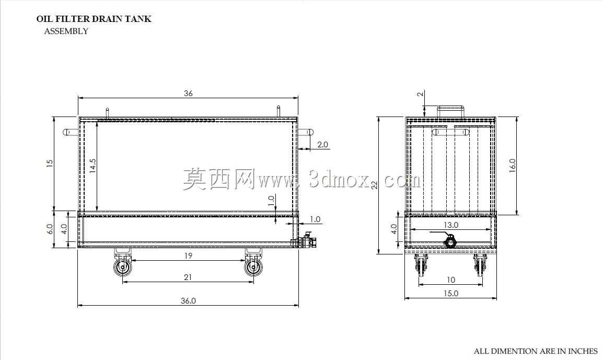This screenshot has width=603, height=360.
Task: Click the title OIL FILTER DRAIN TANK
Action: coord(94,19)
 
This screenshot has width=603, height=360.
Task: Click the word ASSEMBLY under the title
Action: coord(66,31)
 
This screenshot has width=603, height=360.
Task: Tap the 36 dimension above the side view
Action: coord(188,94)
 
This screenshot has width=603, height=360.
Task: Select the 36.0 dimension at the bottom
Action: coord(188,301)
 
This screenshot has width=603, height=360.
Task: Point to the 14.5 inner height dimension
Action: coord(92,166)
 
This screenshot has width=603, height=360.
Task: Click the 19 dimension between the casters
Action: coord(188,256)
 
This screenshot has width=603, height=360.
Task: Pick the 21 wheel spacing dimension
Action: coord(188,277)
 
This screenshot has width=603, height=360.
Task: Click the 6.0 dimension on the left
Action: coord(50,229)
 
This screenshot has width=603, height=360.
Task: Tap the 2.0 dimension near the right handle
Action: coord(322,145)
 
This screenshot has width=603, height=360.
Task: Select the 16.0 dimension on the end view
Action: coord(512,166)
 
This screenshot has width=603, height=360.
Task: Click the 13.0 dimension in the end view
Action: coord(451,225)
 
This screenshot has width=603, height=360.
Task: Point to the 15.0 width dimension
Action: coord(451,294)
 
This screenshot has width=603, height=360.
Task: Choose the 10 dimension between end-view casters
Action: coord(451,280)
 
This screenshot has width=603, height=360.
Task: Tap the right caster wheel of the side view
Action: coord(254,267)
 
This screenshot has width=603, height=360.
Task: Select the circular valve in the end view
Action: coord(450,242)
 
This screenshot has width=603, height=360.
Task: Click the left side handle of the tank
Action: coord(71,132)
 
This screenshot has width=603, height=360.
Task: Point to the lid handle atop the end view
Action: coord(451,111)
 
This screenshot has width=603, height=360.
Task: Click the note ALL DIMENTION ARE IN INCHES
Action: coord(536,351)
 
